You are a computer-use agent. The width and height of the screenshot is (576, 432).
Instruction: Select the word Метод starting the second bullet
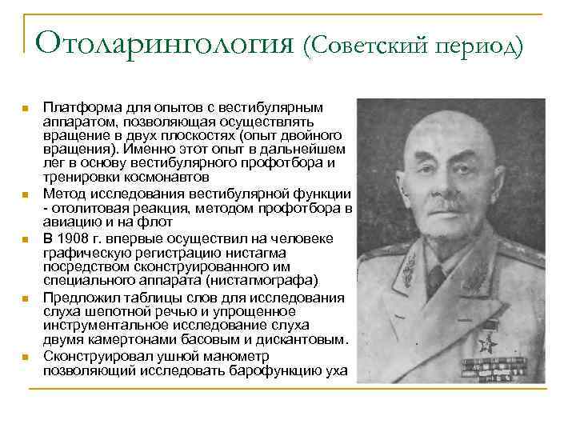(62, 194)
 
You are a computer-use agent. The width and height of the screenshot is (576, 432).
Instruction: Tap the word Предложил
(79, 298)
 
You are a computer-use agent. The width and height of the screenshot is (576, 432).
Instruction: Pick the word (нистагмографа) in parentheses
(260, 280)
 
